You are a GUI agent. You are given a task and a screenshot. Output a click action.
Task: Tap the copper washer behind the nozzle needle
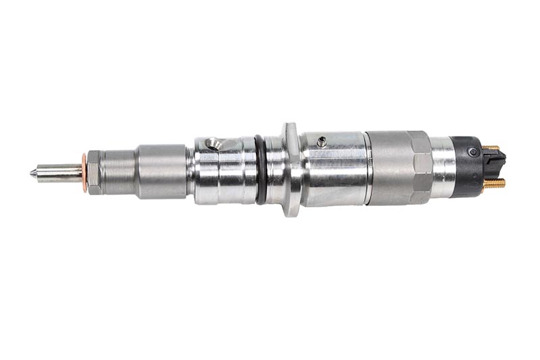pos(84,173)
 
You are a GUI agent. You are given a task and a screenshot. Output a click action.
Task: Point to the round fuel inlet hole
pos(213,143)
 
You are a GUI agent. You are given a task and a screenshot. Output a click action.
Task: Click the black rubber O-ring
pos(261,170)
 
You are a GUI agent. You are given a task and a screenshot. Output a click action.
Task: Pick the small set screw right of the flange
pos(322,142)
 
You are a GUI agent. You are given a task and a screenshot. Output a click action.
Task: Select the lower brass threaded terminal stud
pos(494,183)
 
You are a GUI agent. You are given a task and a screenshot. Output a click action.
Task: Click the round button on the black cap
pos(474,152)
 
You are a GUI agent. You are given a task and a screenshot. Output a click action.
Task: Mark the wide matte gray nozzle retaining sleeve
pos(161,172)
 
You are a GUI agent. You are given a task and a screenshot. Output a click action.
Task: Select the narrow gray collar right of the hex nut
pos(119,173)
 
